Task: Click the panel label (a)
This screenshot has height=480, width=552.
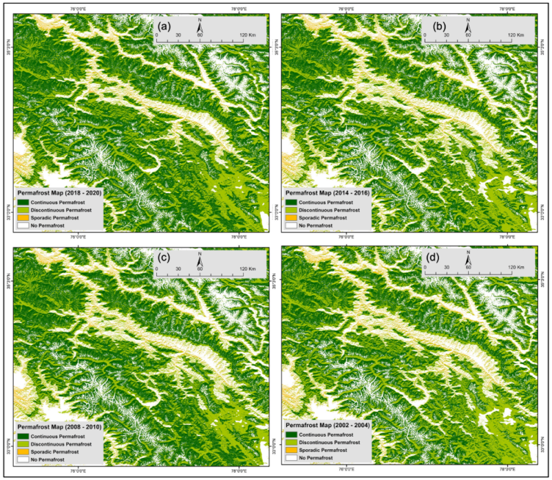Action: point(164,27)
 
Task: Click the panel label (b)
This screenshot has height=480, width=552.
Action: point(434,27)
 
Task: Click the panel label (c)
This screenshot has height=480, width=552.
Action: point(164,260)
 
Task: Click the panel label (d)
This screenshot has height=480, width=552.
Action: point(434,260)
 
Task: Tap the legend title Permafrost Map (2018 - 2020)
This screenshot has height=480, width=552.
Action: point(59,193)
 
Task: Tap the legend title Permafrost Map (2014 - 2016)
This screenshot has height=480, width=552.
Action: point(328,193)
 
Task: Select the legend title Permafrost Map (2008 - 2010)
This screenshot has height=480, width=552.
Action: point(59,426)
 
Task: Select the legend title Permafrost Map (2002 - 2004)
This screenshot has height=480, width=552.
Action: point(328,426)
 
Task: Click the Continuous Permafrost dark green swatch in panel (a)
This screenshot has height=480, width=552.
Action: point(23,202)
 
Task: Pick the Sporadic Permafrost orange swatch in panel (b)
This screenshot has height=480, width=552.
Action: point(293,217)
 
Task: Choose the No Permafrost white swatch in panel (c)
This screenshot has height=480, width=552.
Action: point(23,458)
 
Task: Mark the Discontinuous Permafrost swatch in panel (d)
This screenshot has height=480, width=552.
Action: point(293,443)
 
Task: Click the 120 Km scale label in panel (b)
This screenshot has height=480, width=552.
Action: point(516,34)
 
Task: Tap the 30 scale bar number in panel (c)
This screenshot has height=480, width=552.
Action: point(178,267)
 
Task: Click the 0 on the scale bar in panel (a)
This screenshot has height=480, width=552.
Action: point(156,34)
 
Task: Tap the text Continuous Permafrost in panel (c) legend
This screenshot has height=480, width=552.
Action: point(61,435)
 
